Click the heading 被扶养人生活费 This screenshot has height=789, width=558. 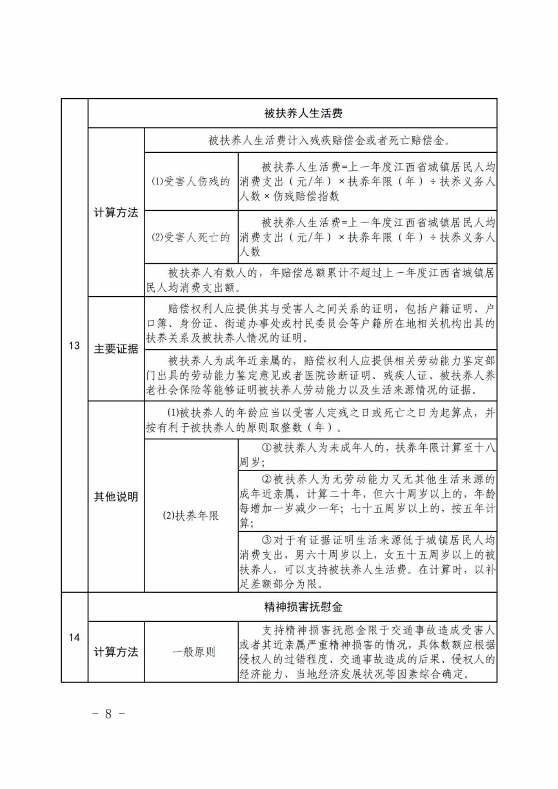(x=303, y=113)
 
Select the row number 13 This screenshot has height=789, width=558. (x=74, y=346)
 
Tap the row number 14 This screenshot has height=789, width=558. (x=74, y=637)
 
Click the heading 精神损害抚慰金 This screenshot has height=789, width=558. (x=303, y=607)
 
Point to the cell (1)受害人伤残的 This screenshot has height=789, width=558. (x=191, y=181)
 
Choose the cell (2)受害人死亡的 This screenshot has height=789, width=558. (x=191, y=237)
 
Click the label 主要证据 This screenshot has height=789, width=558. (x=116, y=349)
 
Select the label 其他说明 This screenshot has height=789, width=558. (x=116, y=497)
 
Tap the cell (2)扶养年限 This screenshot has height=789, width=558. (x=191, y=516)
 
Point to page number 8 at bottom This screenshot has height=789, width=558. (x=109, y=714)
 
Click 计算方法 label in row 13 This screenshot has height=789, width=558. (x=116, y=212)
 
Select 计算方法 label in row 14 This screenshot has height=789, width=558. (x=116, y=652)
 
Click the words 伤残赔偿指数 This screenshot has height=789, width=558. (x=306, y=196)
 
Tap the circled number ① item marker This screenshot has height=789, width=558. (x=267, y=448)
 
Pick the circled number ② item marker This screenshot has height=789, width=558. (x=267, y=479)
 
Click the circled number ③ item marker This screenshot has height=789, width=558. (x=267, y=540)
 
